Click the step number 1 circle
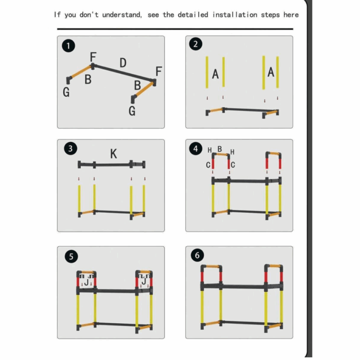[68, 46]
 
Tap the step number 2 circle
[196, 45]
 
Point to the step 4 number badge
[196, 149]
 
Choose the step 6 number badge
[196, 256]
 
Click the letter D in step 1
[123, 63]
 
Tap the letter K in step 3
[113, 154]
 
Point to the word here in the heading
[291, 14]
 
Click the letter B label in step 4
[220, 149]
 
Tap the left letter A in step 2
[215, 74]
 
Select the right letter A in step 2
[270, 73]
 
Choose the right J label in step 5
[144, 281]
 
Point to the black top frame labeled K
[113, 164]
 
